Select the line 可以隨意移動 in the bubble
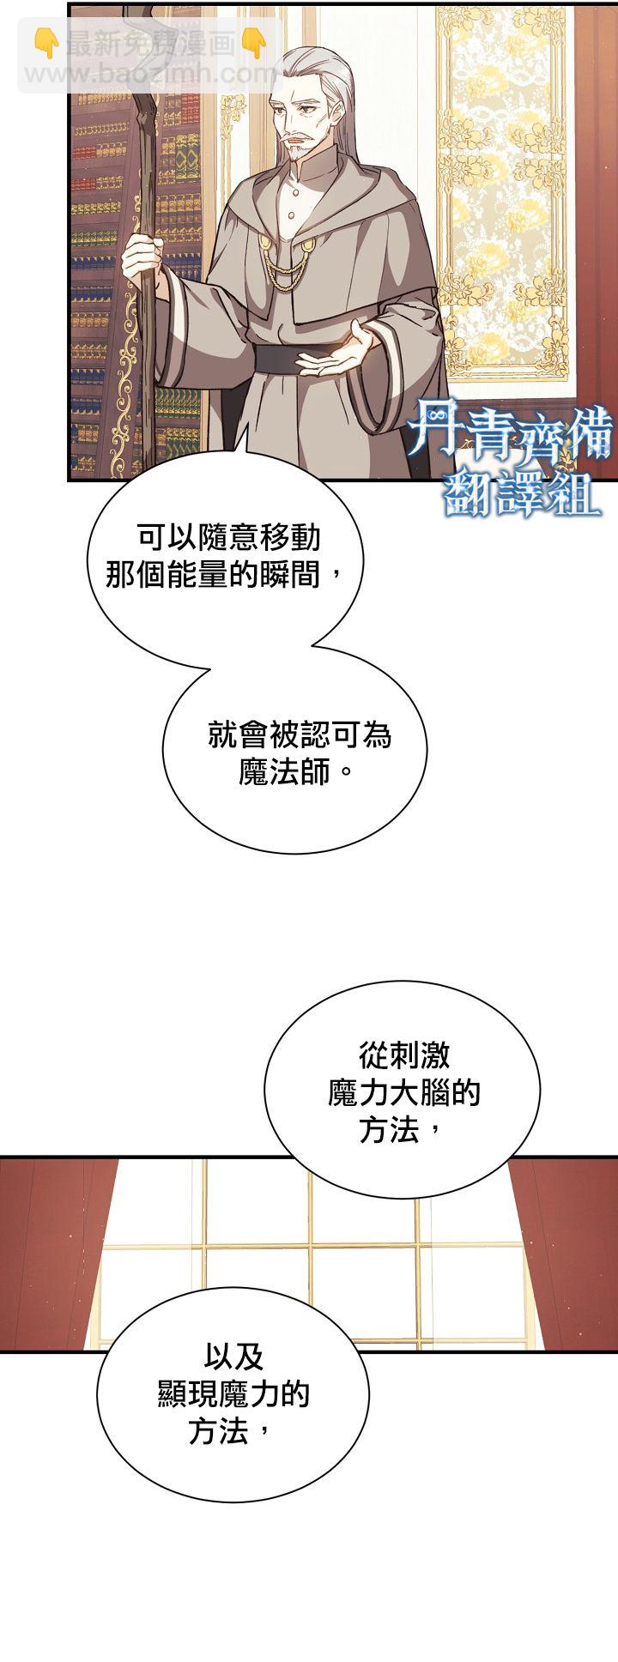[x=228, y=537]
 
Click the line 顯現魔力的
[x=233, y=1394]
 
